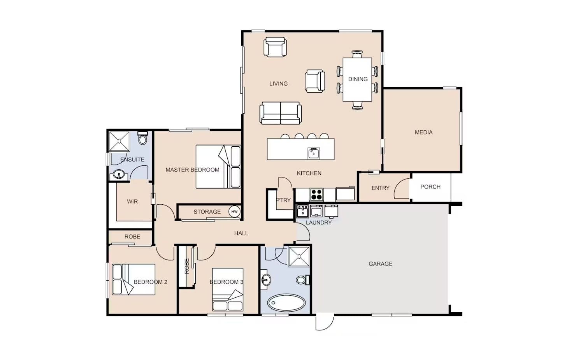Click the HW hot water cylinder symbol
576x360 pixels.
pos(234,212)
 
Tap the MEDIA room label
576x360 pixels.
pos(423,132)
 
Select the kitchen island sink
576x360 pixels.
pos(314,153)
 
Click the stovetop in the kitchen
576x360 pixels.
pos(316,195)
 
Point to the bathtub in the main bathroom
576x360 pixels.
pos(286,303)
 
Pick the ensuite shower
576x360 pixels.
pos(119,141)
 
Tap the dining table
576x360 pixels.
pos(357,79)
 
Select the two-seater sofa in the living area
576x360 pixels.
pos(281,113)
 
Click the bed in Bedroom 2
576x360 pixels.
pos(133,279)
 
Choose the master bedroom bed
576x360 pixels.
pos(218,167)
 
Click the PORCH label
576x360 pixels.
pos(430,187)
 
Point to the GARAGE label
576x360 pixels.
pos(381,264)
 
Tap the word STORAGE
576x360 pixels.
pos(207,212)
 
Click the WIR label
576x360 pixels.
pos(132,202)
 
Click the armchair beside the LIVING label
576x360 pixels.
pos(315,81)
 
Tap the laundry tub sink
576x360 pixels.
pos(302,211)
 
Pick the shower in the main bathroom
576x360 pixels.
pos(299,256)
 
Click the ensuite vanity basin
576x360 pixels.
pos(119,174)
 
